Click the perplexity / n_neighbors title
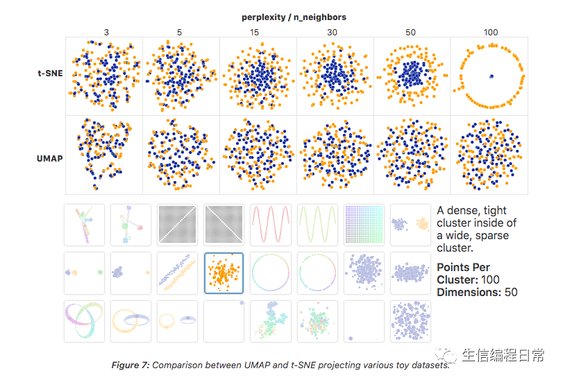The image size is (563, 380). tap(294, 17)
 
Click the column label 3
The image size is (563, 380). tap(106, 32)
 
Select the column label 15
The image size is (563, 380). tap(258, 32)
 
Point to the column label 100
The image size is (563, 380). tap(491, 32)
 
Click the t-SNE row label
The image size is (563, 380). tap(50, 74)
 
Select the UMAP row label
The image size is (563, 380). tap(50, 159)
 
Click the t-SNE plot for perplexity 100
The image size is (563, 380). tap(490, 76)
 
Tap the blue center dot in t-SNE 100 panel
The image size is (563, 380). tap(491, 76)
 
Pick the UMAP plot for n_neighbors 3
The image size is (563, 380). tap(104, 155)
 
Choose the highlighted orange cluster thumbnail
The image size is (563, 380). tap(224, 273)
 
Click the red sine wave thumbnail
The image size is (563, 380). tap(270, 224)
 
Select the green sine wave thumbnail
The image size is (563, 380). tap(317, 224)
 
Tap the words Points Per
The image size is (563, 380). tap(463, 268)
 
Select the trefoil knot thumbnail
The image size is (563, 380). tap(83, 320)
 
